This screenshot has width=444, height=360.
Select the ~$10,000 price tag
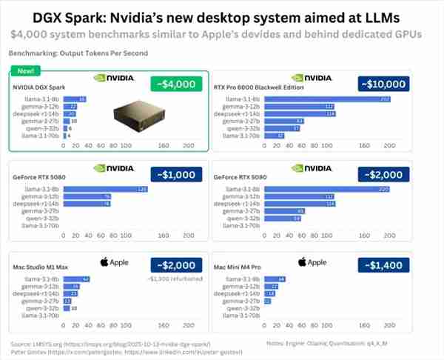click(382, 84)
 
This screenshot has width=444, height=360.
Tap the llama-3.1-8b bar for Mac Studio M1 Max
click(77, 279)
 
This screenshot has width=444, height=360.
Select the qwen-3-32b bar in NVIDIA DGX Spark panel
click(66, 128)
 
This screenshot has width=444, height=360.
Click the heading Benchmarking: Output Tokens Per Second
click(78, 53)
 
